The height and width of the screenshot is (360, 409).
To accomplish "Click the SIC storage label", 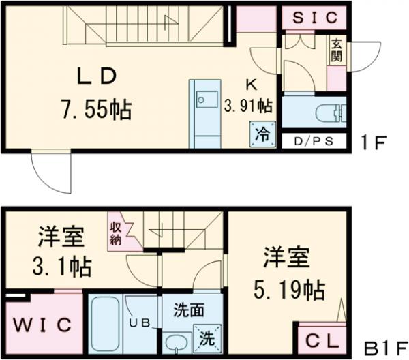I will coord(314,18).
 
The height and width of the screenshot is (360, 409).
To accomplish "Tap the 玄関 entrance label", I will coord(336,50).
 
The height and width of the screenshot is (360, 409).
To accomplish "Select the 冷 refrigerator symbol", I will coord(262,133).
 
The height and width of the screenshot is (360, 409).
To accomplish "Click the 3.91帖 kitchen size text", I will coord(249,106).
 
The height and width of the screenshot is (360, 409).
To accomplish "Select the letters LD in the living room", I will coord(95,76).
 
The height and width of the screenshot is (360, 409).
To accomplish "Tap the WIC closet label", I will coord(41,325).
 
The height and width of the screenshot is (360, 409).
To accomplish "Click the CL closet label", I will coord(318,339).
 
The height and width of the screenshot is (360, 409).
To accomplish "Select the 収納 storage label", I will coord(116,230).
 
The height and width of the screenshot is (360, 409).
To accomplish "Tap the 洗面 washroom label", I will coord(188,310).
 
